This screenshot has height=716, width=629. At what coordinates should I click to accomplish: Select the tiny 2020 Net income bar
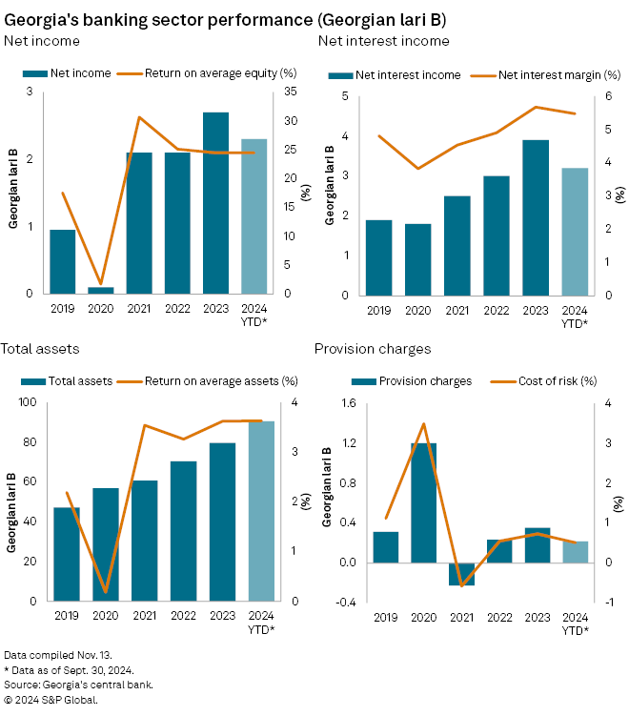[101, 290]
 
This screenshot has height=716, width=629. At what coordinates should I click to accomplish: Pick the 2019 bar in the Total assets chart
[67, 554]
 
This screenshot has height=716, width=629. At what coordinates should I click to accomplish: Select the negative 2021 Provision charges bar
[462, 573]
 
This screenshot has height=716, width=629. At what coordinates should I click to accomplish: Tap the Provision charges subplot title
[373, 349]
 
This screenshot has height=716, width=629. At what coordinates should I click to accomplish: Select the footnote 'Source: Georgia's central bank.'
[78, 685]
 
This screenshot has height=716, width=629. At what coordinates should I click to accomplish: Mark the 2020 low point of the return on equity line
[101, 284]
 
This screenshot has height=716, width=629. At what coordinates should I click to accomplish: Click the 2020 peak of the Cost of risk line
[424, 423]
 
